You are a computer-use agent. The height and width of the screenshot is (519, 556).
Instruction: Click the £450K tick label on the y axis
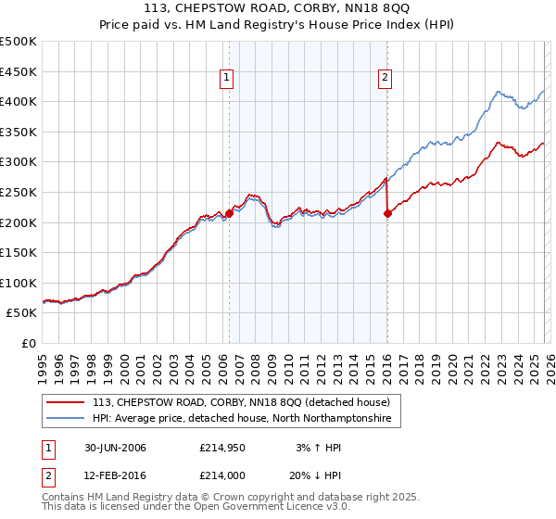pyautogui.click(x=19, y=71)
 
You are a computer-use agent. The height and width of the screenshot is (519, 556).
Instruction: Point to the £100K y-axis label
pyautogui.click(x=19, y=283)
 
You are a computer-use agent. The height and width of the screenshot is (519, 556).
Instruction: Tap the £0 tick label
pyautogui.click(x=28, y=343)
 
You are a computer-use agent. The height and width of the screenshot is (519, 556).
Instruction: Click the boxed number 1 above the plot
pyautogui.click(x=226, y=79)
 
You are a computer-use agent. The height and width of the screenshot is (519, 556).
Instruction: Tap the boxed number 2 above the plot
pyautogui.click(x=384, y=79)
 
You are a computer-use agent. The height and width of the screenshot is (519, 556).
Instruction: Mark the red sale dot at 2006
pyautogui.click(x=229, y=213)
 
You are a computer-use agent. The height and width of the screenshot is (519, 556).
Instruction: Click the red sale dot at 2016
pyautogui.click(x=387, y=214)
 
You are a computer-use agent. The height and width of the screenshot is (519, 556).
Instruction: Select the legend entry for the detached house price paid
pyautogui.click(x=246, y=402)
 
